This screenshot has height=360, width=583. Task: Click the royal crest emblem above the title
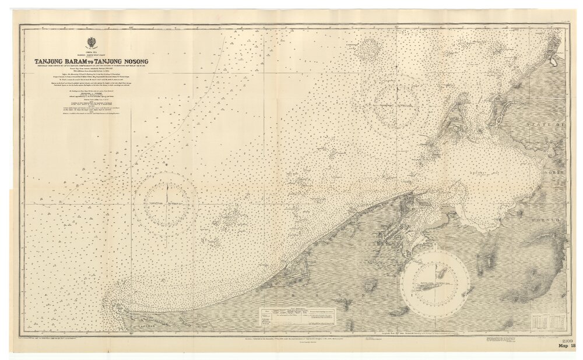tap(90, 43)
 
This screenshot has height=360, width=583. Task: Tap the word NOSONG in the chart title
tap(132, 61)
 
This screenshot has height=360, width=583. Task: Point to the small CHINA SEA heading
tap(90, 52)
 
